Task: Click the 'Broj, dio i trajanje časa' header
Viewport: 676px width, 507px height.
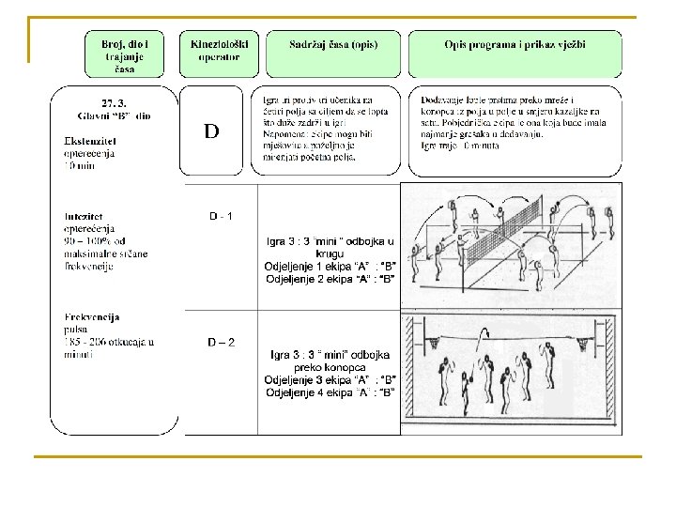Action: tap(125, 54)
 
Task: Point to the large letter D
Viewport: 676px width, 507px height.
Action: tap(211, 131)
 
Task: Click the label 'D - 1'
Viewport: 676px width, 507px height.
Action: tap(221, 217)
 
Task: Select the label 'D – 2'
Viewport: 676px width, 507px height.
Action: tap(221, 342)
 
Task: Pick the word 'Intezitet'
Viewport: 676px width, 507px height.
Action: tap(85, 215)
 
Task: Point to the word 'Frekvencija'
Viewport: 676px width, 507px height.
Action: tap(92, 317)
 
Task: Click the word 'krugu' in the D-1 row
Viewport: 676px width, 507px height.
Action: tap(330, 253)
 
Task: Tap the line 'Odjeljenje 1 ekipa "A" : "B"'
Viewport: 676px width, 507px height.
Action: tap(330, 266)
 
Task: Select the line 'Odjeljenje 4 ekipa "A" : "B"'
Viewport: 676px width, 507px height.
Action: tap(330, 392)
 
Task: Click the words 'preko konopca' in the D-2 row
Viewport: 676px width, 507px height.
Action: tap(330, 367)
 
